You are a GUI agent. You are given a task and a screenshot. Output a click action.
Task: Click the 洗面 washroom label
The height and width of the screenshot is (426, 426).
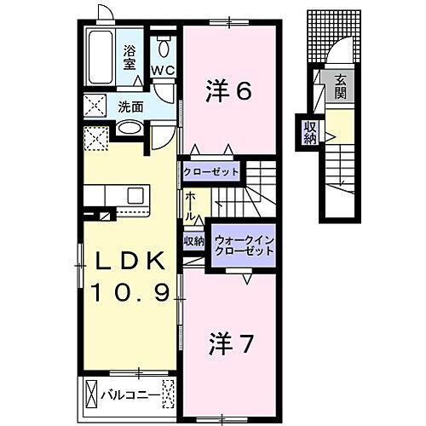click(x=130, y=107)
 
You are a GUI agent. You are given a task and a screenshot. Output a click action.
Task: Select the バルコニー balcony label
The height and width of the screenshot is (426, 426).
click(x=129, y=394)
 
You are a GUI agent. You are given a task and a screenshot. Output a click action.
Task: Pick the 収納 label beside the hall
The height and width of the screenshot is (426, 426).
click(x=193, y=241)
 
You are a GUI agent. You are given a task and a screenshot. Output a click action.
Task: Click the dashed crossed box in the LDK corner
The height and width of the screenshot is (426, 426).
click(x=95, y=137)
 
